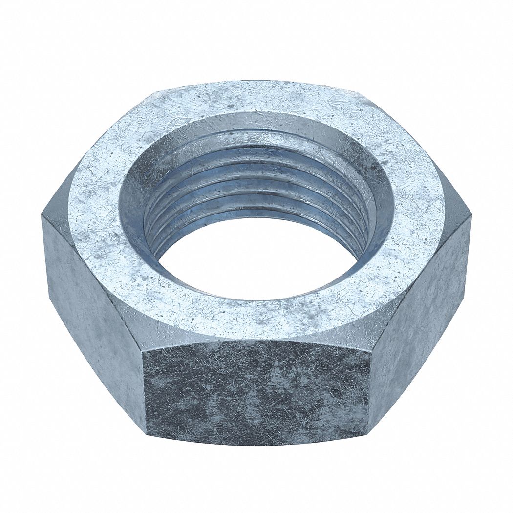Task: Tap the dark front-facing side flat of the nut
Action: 256,391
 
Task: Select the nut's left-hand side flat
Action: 93,313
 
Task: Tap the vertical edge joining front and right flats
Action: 370,386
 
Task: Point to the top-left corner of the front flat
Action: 143,348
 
